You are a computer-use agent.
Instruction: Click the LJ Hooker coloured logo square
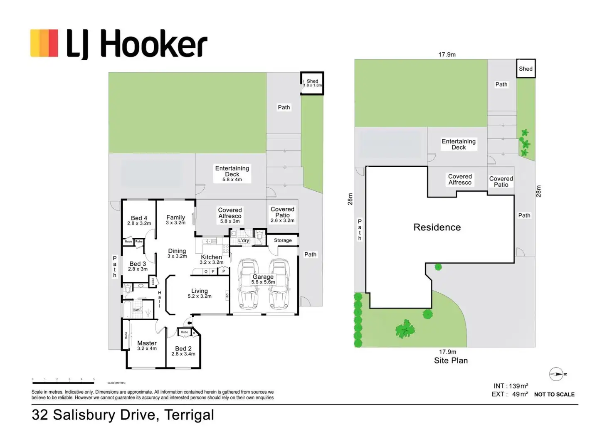(44, 43)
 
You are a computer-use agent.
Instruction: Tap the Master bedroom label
(147, 346)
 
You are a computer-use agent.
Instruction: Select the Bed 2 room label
(183, 351)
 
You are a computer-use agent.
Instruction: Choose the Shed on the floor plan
(312, 83)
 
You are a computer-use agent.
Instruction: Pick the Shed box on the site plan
(526, 69)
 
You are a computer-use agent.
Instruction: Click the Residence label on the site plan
(437, 227)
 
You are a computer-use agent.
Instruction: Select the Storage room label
(283, 240)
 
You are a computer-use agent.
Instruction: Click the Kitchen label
(211, 257)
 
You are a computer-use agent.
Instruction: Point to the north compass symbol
(557, 374)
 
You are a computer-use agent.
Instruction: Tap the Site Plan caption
(451, 360)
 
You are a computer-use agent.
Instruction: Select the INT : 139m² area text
(511, 386)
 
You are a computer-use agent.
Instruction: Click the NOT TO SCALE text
(554, 394)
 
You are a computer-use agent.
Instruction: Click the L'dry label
(244, 240)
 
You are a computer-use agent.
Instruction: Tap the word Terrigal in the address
(189, 415)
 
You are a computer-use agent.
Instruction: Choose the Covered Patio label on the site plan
(501, 182)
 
